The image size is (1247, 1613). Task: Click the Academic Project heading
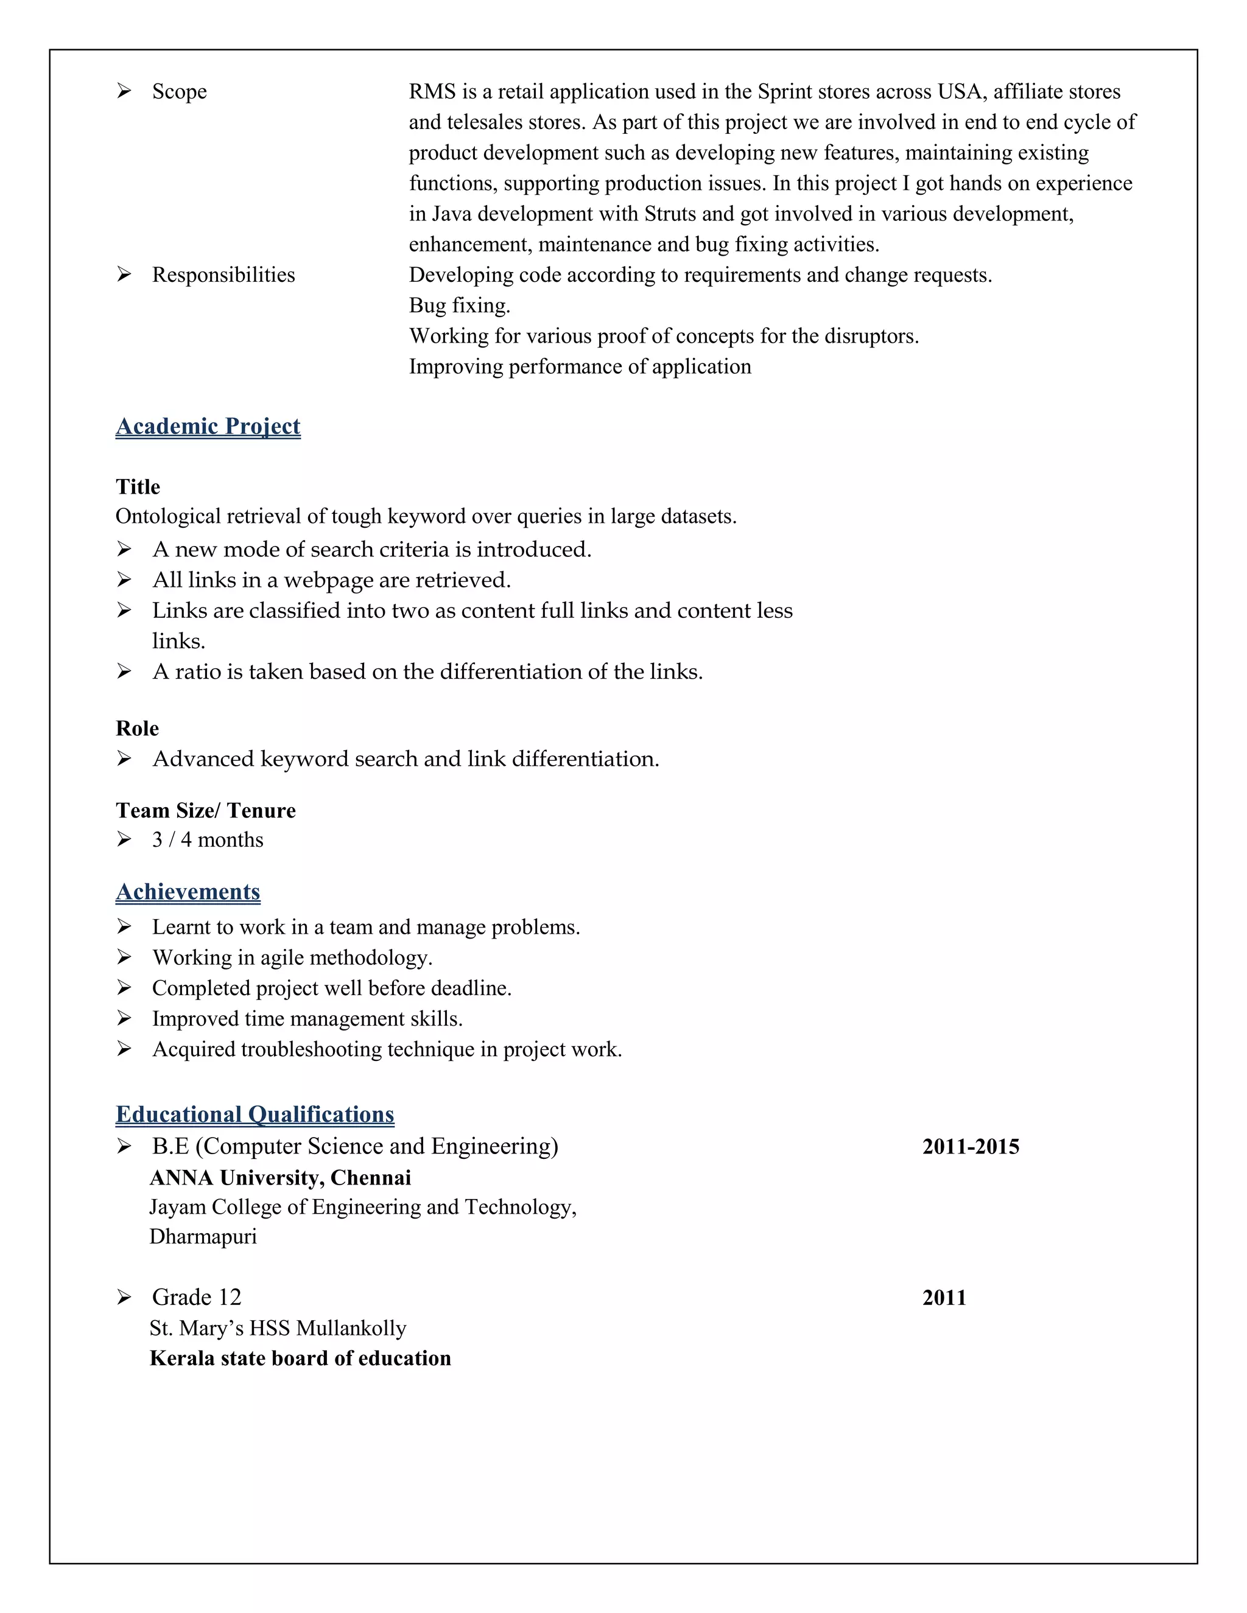coord(208,426)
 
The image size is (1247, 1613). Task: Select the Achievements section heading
coord(188,892)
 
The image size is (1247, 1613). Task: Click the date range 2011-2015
coord(970,1147)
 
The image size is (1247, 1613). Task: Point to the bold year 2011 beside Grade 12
coord(944,1298)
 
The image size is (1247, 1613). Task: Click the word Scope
coord(179,91)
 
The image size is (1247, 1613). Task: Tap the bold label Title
coord(138,487)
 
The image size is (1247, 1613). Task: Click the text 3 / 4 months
coord(208,840)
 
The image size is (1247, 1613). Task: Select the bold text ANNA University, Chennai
coord(280,1177)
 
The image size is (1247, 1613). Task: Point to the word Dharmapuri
coord(203,1236)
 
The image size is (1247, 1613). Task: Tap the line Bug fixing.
coord(460,306)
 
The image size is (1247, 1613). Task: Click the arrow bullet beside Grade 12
coord(124,1297)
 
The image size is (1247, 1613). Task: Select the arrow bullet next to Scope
coord(124,91)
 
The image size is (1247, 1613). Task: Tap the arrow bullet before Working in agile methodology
coord(124,957)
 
